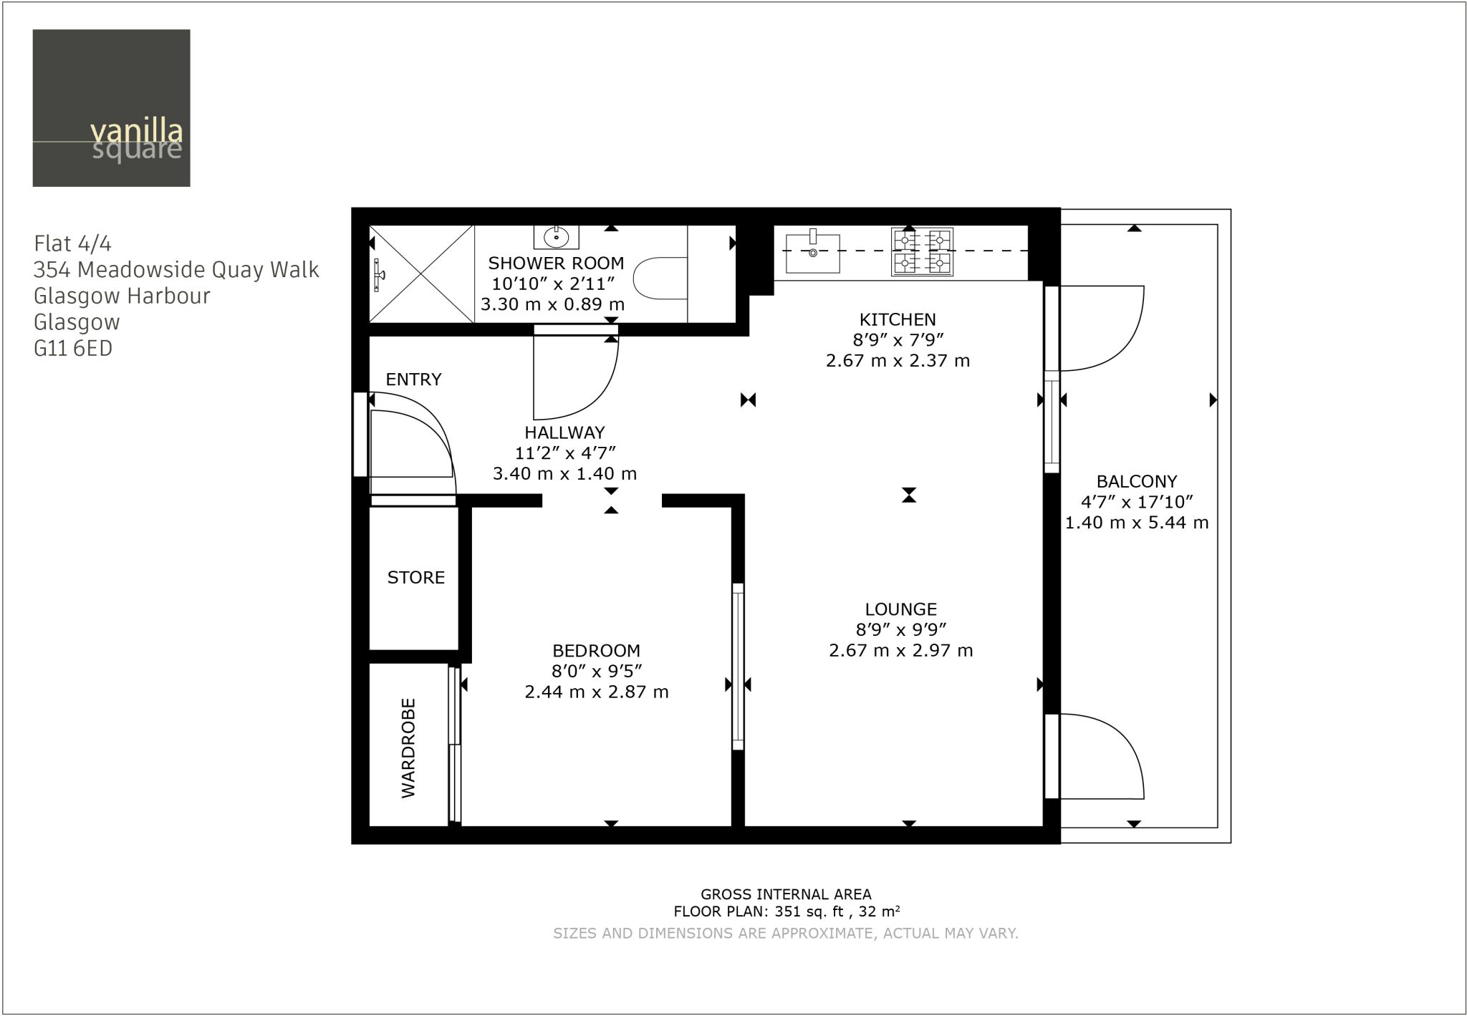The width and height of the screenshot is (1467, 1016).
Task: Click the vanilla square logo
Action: pos(111,108)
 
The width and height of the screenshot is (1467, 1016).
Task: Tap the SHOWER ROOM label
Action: pos(556,263)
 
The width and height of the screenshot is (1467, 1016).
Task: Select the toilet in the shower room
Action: pos(661,279)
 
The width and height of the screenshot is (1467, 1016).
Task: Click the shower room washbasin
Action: pos(556,236)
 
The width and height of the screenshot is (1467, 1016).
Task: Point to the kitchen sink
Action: pos(812,252)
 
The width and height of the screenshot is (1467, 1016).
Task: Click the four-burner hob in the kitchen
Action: pos(922,251)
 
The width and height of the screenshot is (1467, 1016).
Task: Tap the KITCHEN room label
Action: pos(898,319)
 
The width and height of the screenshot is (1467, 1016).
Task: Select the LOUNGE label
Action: pos(900,609)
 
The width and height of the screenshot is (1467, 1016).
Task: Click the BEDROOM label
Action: pos(596,651)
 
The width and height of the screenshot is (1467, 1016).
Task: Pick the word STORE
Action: pos(416,577)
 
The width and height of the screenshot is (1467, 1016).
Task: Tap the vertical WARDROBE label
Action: pos(408,748)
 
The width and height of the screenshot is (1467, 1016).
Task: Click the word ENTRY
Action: pos(413,379)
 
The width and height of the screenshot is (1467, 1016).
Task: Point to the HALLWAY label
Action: pos(564,432)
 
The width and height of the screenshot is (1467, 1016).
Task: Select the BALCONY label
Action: pos(1137,482)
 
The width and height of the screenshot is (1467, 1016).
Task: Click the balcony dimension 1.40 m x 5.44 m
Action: pos(1137,523)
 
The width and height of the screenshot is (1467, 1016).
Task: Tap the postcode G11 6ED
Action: pos(73,349)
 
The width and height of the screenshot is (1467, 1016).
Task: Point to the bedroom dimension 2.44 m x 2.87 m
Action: pos(596,692)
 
